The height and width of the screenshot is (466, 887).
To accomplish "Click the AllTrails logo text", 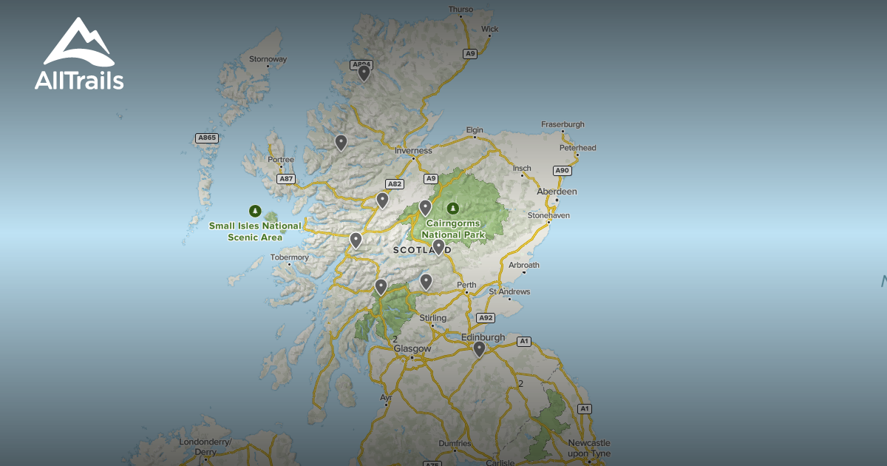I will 79,81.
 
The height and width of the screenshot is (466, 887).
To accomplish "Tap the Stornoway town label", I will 268,59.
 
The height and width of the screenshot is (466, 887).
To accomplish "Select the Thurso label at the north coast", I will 461,10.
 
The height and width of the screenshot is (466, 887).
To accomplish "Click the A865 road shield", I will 207,138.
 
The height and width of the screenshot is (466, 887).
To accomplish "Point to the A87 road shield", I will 286,179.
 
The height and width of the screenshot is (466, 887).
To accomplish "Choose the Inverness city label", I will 413,151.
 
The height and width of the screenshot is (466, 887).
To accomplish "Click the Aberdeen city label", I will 557,192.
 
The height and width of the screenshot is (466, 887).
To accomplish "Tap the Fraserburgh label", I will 563,124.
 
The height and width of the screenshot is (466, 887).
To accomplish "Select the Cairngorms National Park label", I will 452,229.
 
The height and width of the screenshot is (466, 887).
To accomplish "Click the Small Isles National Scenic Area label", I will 255,232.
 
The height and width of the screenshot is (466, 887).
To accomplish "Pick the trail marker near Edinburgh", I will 479,348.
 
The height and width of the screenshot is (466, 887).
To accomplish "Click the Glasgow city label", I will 412,348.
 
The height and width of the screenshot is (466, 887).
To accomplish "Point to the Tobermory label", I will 290,257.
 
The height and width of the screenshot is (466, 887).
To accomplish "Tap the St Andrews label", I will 510,291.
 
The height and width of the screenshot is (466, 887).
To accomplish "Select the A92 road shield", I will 485,317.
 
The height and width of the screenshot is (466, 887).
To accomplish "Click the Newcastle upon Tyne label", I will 589,448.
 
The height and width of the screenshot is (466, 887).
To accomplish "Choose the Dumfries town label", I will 454,444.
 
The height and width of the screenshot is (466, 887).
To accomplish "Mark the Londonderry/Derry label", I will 205,447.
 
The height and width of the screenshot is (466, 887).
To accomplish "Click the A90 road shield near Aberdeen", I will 563,171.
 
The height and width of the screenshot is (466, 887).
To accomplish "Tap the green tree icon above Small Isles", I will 255,210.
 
